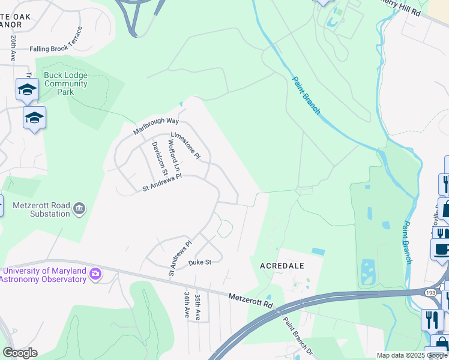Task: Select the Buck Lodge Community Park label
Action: [65, 84]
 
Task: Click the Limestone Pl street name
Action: [185, 145]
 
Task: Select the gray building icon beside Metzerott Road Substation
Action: [79, 209]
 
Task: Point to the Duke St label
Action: [200, 262]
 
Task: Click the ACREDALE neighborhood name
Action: [282, 265]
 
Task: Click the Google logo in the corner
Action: [20, 353]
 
